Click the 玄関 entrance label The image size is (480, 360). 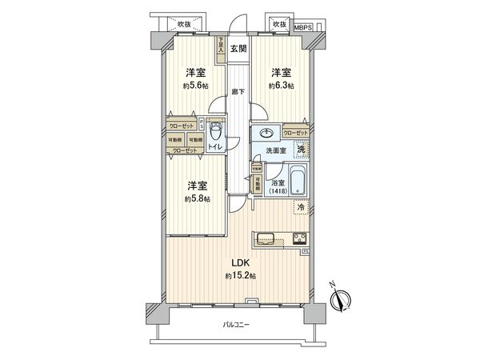click(238, 50)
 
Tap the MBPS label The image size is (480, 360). click(304, 26)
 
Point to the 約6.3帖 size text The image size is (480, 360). click(281, 85)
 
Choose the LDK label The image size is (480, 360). click(241, 263)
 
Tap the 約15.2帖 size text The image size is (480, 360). click(241, 276)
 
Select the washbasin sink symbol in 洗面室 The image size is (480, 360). click(266, 134)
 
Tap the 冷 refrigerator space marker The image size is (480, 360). click(301, 207)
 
